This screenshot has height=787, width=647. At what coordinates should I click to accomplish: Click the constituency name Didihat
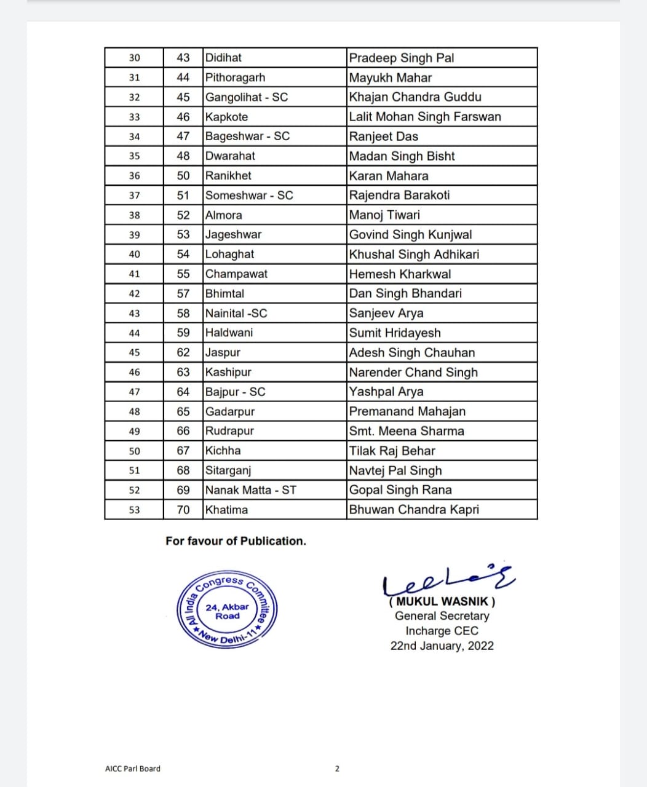[223, 58]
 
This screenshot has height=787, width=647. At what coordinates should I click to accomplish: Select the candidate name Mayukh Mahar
[391, 77]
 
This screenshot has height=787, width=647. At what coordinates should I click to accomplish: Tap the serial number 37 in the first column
[134, 196]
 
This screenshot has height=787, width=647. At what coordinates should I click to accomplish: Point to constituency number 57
[183, 294]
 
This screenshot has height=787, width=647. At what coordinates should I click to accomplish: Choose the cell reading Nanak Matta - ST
[251, 490]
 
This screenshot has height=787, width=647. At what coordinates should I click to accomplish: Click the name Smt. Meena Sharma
[407, 431]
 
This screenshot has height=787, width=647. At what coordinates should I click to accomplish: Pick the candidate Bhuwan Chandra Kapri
[414, 510]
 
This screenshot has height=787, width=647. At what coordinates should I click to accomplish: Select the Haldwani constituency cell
[229, 333]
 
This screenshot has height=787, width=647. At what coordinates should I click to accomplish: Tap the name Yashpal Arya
[386, 392]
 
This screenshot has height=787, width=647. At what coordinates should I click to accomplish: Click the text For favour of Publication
[236, 541]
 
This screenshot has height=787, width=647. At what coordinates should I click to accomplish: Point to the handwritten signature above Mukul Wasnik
[448, 578]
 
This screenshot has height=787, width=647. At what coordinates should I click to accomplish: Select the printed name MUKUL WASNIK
[442, 601]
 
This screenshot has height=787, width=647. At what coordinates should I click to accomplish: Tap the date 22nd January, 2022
[442, 646]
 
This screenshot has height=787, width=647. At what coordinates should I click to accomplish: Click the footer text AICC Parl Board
[133, 769]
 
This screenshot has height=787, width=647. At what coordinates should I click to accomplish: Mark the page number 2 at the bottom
[337, 769]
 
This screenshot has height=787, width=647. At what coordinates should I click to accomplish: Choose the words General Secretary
[442, 616]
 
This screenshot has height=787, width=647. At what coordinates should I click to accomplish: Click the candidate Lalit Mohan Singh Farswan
[425, 117]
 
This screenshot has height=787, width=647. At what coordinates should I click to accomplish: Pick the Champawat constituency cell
[236, 274]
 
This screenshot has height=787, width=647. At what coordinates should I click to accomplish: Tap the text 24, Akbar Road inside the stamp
[227, 611]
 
